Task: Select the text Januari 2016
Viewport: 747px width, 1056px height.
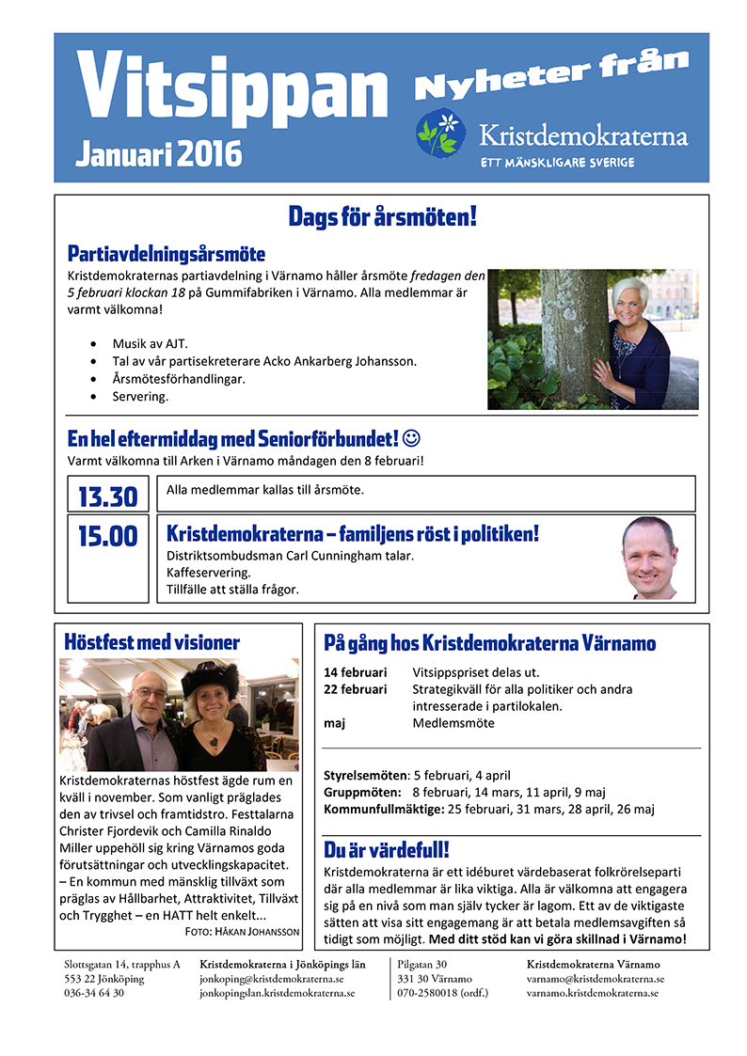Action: click(157, 153)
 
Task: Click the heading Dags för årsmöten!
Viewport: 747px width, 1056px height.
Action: click(382, 218)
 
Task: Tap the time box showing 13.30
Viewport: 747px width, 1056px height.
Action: click(107, 496)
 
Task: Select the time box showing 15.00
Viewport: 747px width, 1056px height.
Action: click(107, 536)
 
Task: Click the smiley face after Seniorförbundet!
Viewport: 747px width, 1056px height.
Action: click(411, 438)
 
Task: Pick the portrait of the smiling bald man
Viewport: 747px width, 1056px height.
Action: click(649, 558)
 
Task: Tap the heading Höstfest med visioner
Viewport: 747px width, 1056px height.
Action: click(151, 643)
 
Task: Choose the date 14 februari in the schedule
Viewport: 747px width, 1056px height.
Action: click(355, 672)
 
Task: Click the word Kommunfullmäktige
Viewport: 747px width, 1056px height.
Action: click(370, 809)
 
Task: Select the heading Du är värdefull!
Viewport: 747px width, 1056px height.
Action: click(387, 851)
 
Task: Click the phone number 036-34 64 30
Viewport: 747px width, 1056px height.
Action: click(94, 992)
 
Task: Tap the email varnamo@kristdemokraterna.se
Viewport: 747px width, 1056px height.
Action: click(595, 979)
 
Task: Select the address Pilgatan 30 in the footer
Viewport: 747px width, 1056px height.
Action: click(422, 965)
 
